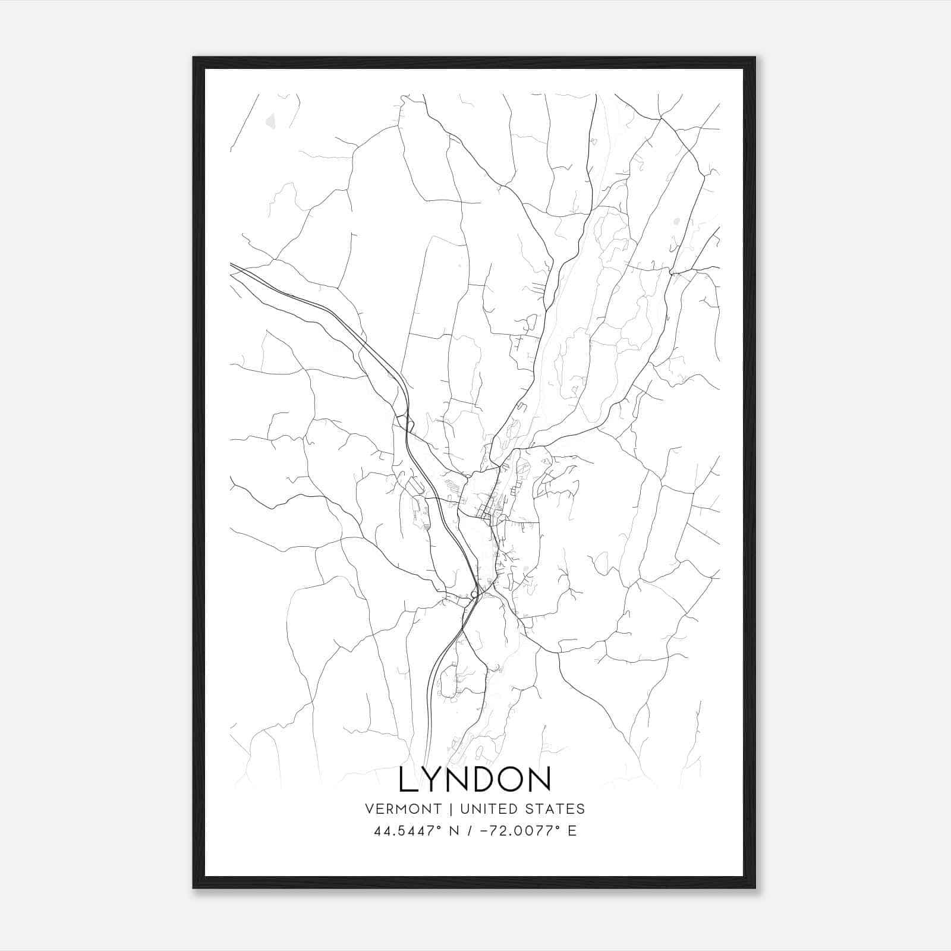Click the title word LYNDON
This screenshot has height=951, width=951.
click(475, 779)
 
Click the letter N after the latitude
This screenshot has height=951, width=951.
click(454, 831)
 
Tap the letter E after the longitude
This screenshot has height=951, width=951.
click(572, 831)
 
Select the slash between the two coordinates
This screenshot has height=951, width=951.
click(470, 831)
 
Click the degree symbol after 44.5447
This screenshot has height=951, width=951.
click(440, 827)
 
